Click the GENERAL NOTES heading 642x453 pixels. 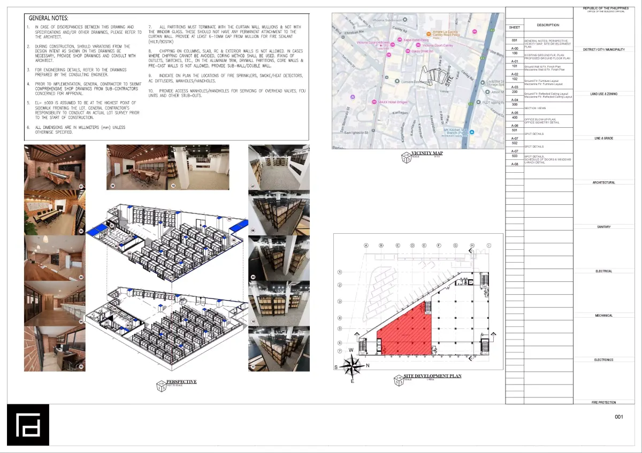(48, 18)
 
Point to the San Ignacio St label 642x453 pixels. (355, 132)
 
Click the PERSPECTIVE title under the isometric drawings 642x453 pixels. (181, 381)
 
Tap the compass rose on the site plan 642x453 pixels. (351, 366)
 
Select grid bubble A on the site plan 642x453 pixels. (366, 245)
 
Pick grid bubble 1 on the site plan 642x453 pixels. (340, 272)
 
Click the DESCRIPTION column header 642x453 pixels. (548, 25)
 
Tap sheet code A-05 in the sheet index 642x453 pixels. (515, 113)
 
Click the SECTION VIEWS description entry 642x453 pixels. (534, 108)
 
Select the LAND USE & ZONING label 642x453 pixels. (603, 94)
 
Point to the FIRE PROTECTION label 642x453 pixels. (603, 402)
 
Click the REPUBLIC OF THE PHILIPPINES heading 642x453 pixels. (606, 8)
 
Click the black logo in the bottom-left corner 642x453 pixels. (28, 425)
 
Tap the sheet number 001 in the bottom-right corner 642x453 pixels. (619, 417)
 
